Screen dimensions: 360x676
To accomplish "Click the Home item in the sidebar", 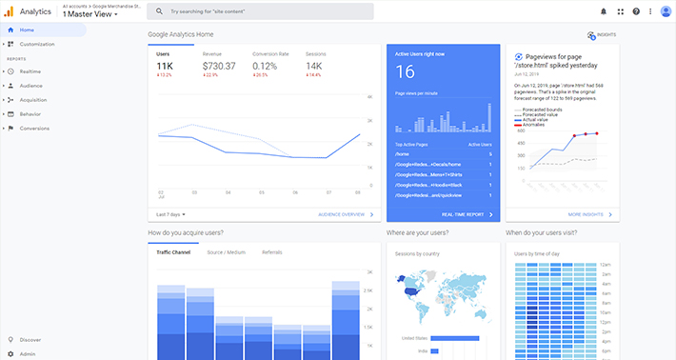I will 26,30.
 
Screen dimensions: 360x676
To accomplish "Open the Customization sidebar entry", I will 37,44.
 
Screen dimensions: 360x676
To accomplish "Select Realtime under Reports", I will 30,71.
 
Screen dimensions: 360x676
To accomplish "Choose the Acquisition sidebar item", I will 33,99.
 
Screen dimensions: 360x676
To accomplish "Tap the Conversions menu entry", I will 34,128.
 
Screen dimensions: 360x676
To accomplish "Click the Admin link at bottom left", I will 27,353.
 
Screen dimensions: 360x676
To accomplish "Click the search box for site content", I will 260,11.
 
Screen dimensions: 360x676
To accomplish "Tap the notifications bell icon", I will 603,11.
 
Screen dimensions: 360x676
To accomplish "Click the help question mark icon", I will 636,11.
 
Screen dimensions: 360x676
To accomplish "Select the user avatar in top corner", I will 665,11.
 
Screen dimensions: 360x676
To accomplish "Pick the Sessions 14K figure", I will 313,65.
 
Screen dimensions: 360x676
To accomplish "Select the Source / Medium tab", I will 227,251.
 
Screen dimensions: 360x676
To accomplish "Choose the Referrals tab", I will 271,251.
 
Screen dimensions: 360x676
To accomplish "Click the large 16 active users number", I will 405,71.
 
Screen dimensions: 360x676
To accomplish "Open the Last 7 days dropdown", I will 171,214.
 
